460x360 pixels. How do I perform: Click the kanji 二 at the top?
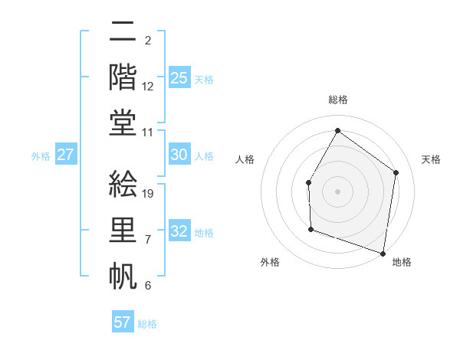pos(123,32)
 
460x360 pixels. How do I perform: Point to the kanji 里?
pos(123,231)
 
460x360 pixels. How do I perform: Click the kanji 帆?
pos(123,275)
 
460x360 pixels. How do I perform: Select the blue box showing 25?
pos(179,78)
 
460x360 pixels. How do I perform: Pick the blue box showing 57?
pos(123,322)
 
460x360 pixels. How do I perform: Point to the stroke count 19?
pos(149,194)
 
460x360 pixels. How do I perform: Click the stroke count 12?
pos(149,87)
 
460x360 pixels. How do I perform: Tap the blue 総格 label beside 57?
pos(147,324)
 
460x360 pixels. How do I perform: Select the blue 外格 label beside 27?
pos(41,156)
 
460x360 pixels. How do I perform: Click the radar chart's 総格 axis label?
pos(338,100)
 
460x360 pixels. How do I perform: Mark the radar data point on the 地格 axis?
pos(383,252)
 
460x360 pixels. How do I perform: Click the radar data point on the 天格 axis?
pos(396,172)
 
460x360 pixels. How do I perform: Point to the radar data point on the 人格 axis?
pos(309,182)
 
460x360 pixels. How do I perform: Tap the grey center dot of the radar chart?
pos(337,191)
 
